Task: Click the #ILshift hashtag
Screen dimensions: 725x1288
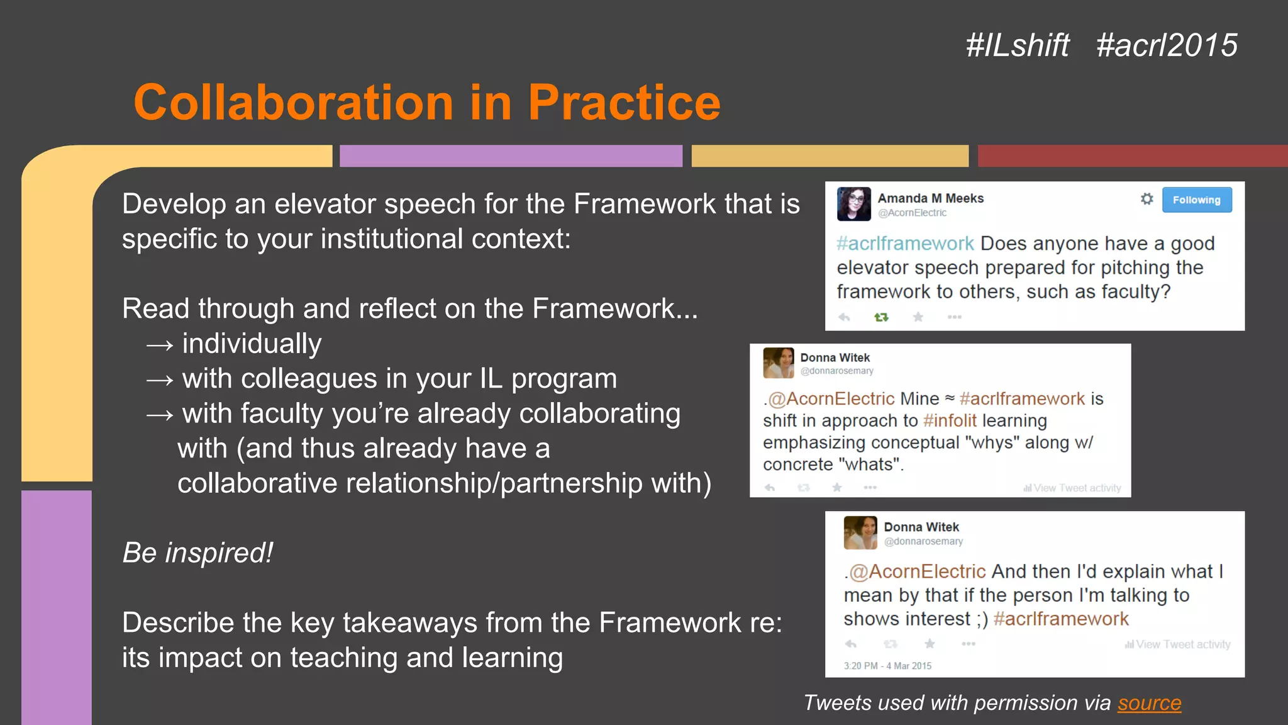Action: (x=1017, y=45)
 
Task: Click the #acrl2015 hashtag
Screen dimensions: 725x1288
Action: (x=1167, y=45)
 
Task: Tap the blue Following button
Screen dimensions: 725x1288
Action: (x=1196, y=200)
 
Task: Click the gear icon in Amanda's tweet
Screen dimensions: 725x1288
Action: (x=1146, y=199)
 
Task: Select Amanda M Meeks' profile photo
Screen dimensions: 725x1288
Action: (x=853, y=204)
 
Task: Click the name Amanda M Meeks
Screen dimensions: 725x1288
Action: (x=930, y=198)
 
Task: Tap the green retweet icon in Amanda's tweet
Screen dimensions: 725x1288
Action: (x=881, y=317)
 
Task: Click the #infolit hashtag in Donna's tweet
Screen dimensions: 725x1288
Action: (x=950, y=420)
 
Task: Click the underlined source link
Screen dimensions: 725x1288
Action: (x=1149, y=703)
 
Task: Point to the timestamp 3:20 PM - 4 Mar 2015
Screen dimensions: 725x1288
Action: (x=887, y=666)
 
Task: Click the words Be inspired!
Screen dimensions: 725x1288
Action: (x=197, y=553)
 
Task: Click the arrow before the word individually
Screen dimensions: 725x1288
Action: (x=159, y=345)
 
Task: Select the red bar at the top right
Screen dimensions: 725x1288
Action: (x=1132, y=155)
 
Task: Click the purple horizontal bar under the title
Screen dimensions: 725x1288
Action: (x=511, y=155)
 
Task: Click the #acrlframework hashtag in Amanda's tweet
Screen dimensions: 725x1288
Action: (x=905, y=244)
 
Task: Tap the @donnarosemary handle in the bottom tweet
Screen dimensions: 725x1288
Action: (x=923, y=541)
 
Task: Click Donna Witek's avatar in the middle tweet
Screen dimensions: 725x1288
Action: (x=778, y=362)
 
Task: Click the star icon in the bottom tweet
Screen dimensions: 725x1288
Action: (x=930, y=643)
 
